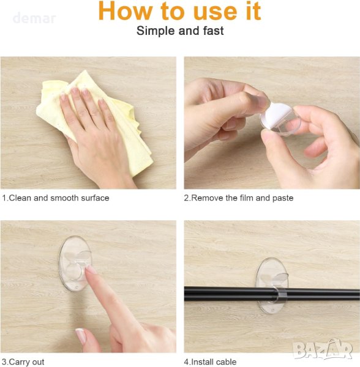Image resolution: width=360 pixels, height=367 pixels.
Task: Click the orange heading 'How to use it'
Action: (179, 11)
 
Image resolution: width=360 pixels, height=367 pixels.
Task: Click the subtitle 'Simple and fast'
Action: (180, 31)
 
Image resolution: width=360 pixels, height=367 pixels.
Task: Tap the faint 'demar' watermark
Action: (34, 18)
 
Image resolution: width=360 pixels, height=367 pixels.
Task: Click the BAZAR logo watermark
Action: (323, 349)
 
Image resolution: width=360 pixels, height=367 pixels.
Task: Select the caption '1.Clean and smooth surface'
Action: (56, 198)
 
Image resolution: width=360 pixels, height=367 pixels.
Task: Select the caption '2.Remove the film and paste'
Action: (238, 198)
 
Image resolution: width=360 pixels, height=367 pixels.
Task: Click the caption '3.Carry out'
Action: (23, 362)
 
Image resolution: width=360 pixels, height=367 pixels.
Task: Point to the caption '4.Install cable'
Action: (210, 362)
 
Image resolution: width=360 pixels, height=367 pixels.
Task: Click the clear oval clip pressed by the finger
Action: (75, 263)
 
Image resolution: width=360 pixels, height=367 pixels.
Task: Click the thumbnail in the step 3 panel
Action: (81, 335)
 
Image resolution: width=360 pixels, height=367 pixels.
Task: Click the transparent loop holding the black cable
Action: (280, 295)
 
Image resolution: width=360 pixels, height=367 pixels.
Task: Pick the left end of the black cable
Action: (185, 294)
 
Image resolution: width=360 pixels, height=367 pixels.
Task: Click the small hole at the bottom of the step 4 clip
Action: (273, 310)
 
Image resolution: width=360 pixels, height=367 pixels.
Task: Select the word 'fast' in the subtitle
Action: (213, 31)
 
